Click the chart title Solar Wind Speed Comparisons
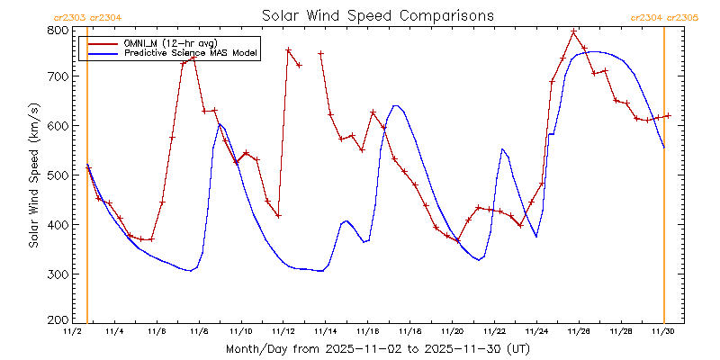coord(377,15)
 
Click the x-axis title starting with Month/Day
coord(377,348)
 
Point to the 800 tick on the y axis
coord(58,30)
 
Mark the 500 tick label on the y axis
coord(58,175)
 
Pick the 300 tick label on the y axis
coord(58,274)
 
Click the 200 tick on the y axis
coord(58,319)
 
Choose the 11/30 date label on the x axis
coord(663,331)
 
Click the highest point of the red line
coord(573,31)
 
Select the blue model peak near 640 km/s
coord(395,105)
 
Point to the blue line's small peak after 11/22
coord(502,148)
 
